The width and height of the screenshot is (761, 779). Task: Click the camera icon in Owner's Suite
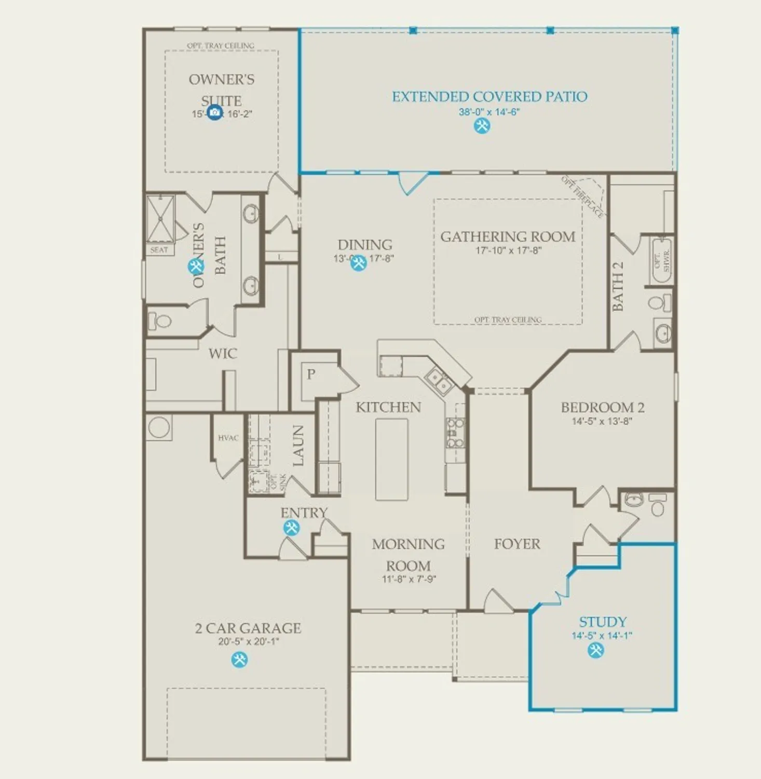[x=214, y=112]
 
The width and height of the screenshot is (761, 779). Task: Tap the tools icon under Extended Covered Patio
[x=482, y=126]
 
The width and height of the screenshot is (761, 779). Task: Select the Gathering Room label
[x=508, y=237]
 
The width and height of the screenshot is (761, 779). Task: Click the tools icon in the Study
[x=595, y=650]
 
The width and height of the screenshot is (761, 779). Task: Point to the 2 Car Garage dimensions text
[x=248, y=642]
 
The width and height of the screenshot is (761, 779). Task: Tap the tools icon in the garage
[x=239, y=660]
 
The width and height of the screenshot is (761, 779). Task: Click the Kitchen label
[x=388, y=407]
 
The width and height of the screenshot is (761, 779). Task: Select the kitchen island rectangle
[x=391, y=459]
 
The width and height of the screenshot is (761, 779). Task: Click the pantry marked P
[x=311, y=374]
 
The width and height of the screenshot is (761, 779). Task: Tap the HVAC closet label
[x=228, y=438]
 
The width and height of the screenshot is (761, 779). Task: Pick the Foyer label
[x=517, y=544]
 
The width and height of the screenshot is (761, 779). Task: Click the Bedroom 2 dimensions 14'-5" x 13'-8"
[x=602, y=421]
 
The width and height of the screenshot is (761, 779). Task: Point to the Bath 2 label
[x=618, y=286]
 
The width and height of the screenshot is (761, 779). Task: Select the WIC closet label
[x=223, y=354]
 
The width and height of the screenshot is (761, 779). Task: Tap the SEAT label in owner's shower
[x=159, y=250]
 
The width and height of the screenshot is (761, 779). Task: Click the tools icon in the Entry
[x=291, y=528]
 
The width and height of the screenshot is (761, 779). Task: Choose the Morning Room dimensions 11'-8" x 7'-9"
[x=409, y=579]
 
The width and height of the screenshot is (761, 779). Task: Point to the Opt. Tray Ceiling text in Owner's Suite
[x=221, y=46]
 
